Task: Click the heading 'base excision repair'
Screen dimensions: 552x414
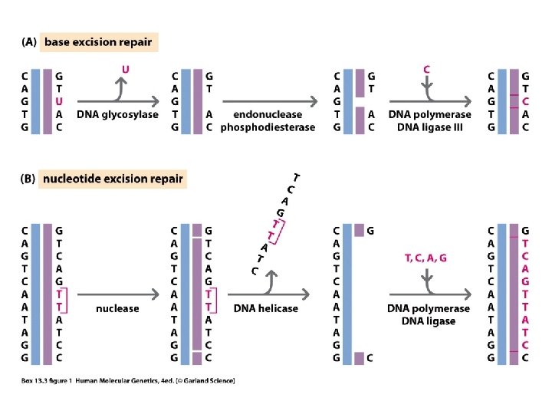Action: click(98, 42)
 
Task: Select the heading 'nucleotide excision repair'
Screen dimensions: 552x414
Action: click(113, 179)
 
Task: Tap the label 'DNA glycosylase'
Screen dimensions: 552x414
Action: click(117, 114)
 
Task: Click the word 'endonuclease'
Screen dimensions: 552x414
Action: click(268, 114)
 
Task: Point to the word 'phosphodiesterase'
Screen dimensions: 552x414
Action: click(268, 127)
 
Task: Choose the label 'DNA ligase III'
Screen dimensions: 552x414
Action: click(430, 127)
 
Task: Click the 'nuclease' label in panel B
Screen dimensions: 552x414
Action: click(117, 309)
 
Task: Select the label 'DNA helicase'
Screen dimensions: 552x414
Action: click(266, 308)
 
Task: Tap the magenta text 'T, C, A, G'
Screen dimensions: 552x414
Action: click(426, 258)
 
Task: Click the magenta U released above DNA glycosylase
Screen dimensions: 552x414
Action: click(125, 69)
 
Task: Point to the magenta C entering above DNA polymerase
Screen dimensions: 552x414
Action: click(427, 69)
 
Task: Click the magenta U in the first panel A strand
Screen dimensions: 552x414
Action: click(59, 101)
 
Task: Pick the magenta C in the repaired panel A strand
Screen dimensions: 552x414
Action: click(525, 101)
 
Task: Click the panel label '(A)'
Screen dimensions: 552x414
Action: click(29, 42)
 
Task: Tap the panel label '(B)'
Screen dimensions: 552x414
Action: click(28, 179)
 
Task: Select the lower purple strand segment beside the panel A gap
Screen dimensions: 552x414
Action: click(360, 120)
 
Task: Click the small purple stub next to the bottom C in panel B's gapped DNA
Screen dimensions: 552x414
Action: click(359, 358)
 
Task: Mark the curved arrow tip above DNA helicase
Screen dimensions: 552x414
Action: click(271, 271)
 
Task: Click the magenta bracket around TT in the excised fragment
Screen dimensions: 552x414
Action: click(281, 232)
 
